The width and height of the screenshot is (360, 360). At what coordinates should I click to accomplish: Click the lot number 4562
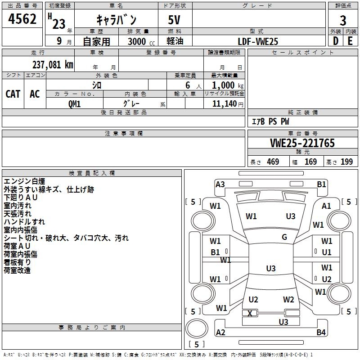click(x=22, y=20)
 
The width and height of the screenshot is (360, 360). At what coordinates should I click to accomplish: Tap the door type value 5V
click(x=175, y=20)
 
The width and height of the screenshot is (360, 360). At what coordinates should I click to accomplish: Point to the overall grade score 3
click(x=343, y=20)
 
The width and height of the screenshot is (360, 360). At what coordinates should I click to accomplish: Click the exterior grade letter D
click(x=335, y=41)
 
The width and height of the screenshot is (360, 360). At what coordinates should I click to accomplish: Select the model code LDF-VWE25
click(x=258, y=41)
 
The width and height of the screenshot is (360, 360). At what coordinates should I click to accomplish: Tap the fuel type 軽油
click(x=175, y=41)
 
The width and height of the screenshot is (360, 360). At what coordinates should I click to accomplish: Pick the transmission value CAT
click(x=13, y=94)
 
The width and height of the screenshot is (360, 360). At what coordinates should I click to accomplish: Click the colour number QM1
click(x=75, y=103)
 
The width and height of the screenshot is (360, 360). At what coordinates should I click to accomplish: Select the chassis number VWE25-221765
click(x=302, y=143)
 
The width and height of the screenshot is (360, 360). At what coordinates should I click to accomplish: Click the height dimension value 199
click(x=346, y=162)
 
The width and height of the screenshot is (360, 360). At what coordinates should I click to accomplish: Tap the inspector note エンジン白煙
click(x=24, y=181)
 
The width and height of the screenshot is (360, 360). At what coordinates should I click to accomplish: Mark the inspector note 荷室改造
click(x=17, y=270)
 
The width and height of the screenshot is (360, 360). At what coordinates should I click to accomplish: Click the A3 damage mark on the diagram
click(x=220, y=184)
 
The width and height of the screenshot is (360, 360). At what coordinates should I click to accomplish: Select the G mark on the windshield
click(x=284, y=237)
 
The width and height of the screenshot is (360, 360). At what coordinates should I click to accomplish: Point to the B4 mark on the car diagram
click(x=321, y=333)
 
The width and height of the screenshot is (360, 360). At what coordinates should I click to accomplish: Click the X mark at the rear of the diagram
click(x=250, y=313)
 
